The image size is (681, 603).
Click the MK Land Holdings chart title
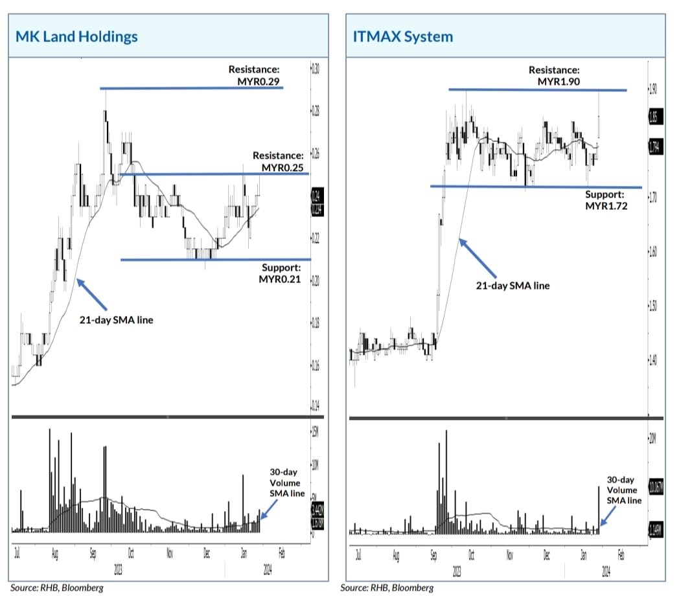[77, 36]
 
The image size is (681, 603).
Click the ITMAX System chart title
[403, 36]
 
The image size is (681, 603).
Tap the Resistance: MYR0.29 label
[257, 76]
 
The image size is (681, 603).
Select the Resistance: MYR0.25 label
[278, 162]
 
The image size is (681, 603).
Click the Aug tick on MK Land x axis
[55, 554]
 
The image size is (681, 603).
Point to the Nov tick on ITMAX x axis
[510, 556]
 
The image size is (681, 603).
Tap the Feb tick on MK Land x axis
[281, 554]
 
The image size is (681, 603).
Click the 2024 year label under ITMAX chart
[605, 572]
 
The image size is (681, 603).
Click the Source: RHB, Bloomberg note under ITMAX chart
[387, 588]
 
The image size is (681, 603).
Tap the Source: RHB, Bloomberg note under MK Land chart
[56, 588]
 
